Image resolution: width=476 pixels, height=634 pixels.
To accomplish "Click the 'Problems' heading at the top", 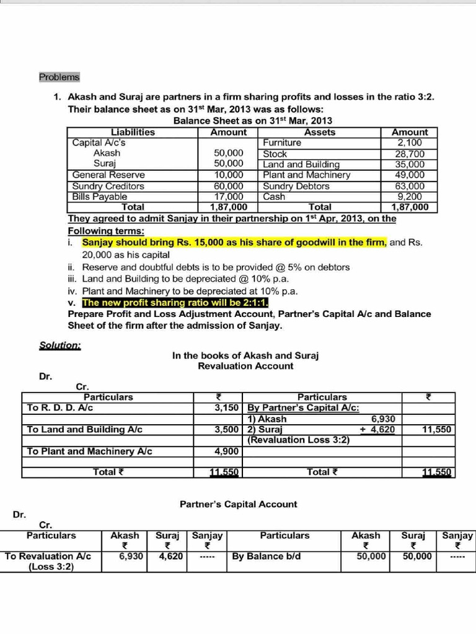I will (59, 77).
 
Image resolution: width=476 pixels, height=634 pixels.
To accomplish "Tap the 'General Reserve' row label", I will (108, 175).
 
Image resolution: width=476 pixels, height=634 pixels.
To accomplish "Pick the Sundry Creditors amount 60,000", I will (228, 186).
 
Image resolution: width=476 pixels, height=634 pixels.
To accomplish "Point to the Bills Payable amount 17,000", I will (228, 196).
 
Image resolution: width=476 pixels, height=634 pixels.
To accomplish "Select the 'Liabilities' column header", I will (133, 132).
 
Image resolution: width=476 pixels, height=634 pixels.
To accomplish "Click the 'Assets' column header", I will (320, 132).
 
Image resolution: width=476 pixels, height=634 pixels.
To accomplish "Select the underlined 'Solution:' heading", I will (59, 345).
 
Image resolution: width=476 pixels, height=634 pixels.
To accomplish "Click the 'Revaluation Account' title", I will (245, 366).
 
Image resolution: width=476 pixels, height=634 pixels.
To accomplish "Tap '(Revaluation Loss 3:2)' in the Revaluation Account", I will (298, 440).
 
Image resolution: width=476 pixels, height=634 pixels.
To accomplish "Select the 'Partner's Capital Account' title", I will (238, 505).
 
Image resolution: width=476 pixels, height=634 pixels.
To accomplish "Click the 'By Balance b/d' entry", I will (266, 557).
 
